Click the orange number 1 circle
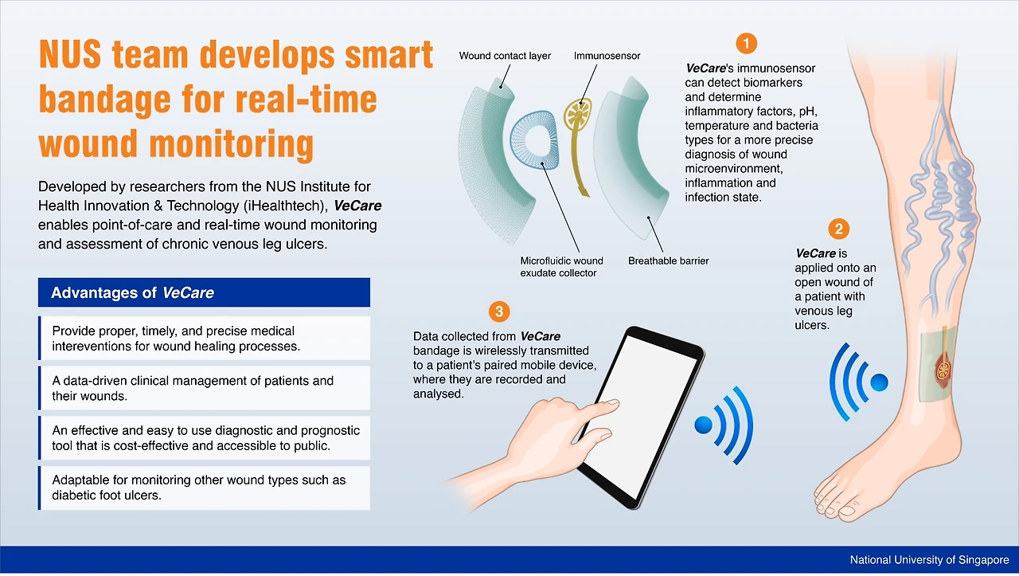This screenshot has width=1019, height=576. coord(746,44)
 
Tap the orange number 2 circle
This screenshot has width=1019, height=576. coord(838,229)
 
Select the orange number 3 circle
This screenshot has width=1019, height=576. coord(499,312)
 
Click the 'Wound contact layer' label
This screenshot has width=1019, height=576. coord(505,56)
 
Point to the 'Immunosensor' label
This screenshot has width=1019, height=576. coord(607,56)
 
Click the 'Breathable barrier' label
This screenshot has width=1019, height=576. coord(668,261)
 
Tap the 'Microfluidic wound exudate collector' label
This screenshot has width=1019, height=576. coord(561,267)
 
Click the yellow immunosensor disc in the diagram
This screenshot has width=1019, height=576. coord(578,113)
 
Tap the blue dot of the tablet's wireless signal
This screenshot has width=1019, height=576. coord(703,425)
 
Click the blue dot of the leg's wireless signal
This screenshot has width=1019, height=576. coord(879,382)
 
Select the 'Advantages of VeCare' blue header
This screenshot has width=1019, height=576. coord(204,292)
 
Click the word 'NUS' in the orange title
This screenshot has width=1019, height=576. coord(70,55)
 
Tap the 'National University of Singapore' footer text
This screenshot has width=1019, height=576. coord(929,559)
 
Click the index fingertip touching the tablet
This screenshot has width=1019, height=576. coord(610,403)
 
